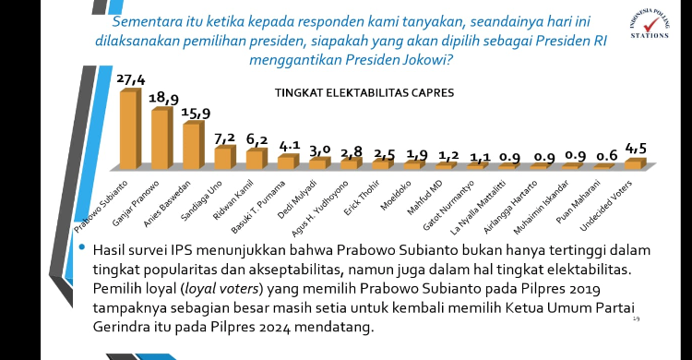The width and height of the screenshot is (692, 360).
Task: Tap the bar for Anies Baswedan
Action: click(191, 146)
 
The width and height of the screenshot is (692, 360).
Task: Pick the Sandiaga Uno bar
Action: click(223, 158)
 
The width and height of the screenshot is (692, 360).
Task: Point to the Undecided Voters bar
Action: click(632, 164)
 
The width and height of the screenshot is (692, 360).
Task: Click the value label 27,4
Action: click(132, 80)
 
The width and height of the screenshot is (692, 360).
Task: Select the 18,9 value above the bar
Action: click(163, 98)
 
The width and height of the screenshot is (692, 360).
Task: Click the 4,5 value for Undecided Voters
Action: click(637, 147)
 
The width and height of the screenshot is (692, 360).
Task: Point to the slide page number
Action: click(637, 319)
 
